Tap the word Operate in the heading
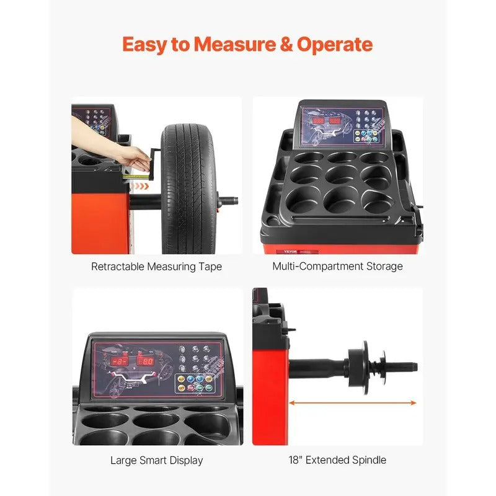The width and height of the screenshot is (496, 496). click(335, 45)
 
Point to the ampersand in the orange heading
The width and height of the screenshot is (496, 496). click(283, 45)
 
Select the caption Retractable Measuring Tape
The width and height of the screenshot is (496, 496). click(156, 267)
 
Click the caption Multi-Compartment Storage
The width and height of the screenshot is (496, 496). click(337, 267)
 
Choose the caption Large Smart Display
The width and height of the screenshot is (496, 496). click(156, 460)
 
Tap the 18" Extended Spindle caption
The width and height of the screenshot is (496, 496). click(337, 460)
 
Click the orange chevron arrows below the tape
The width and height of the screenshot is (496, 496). click(143, 185)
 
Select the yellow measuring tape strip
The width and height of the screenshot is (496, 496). click(132, 176)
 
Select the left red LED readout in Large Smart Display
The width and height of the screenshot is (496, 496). click(119, 361)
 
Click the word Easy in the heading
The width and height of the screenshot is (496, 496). click(146, 45)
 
